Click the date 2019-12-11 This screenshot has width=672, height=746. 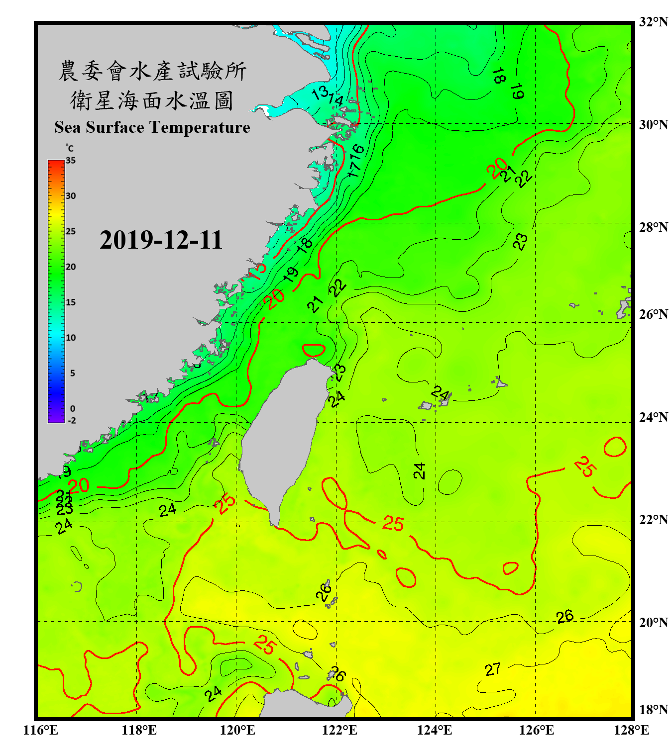tap(161, 240)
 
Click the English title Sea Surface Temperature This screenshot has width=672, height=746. tap(152, 127)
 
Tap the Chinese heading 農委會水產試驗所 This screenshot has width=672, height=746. tap(152, 71)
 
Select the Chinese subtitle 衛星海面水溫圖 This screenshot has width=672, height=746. tap(152, 100)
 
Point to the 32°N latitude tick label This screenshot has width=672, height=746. tap(653, 22)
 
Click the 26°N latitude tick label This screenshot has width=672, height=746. tap(653, 314)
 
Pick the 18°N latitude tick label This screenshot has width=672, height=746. tap(653, 710)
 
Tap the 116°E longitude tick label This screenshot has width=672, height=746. tap(41, 730)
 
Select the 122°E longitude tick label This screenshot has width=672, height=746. tap(339, 730)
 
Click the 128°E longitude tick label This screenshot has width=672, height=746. tap(631, 730)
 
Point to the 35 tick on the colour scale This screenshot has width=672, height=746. tap(71, 160)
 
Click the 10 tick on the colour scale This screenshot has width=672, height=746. tap(71, 338)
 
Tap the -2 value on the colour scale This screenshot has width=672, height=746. tap(72, 420)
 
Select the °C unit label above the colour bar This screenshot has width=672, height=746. tap(70, 148)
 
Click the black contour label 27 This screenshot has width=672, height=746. tap(492, 669)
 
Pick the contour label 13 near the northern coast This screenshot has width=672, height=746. tap(319, 92)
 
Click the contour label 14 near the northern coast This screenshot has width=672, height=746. tap(336, 100)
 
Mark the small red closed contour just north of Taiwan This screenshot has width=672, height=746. tap(314, 350)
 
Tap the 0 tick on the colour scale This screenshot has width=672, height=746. tap(73, 408)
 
